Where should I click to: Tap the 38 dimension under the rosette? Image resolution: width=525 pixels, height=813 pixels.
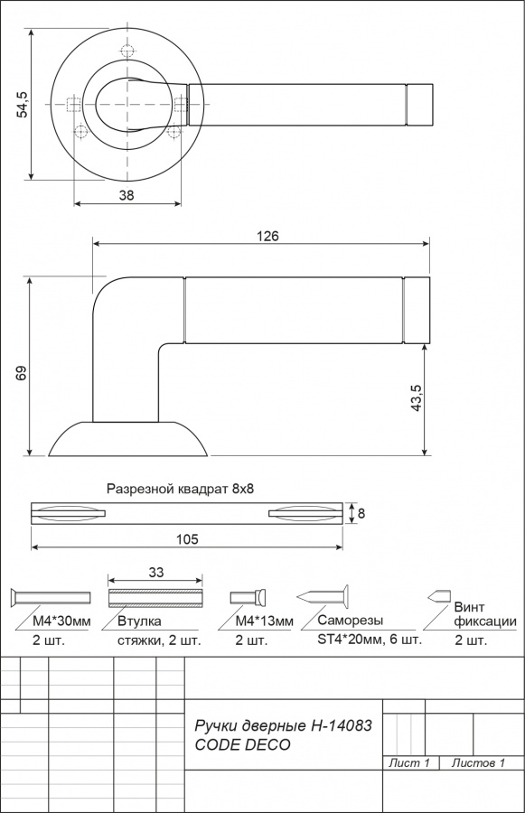[127, 195]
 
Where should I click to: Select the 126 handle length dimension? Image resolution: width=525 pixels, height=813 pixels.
[267, 236]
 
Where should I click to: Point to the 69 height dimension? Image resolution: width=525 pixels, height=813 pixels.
[21, 373]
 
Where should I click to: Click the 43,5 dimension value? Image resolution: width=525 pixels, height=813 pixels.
[417, 398]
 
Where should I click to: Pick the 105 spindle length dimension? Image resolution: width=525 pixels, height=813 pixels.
[187, 539]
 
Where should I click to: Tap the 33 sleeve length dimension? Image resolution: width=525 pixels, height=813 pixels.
[155, 572]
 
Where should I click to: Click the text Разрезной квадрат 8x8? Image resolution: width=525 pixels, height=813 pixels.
[180, 489]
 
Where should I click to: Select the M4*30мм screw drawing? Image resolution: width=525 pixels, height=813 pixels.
[51, 598]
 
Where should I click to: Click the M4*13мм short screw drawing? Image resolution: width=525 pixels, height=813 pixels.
[248, 598]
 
